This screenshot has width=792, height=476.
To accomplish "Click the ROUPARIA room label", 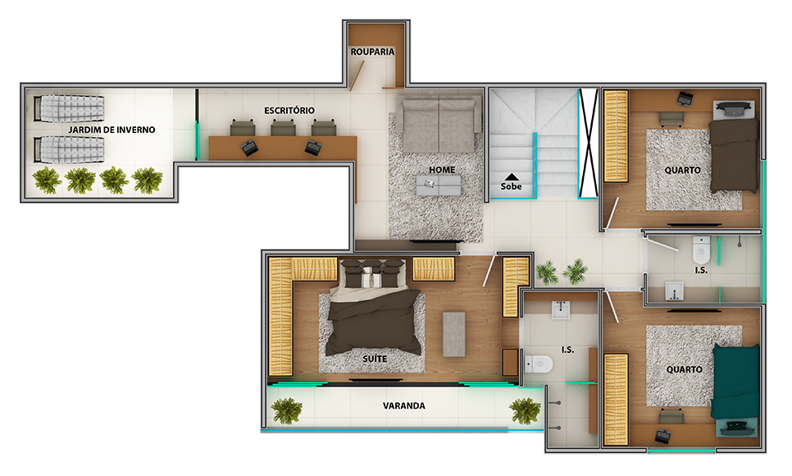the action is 372,52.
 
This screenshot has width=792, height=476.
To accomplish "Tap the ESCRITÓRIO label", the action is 289,110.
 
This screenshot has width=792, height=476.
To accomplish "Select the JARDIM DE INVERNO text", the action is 112,130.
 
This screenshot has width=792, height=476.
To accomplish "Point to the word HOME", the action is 442,170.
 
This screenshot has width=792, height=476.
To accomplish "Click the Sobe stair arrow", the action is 511,176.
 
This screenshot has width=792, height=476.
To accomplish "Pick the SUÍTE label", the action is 375,359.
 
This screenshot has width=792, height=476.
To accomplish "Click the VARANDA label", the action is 403,405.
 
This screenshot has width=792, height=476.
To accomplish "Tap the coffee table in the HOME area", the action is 439,185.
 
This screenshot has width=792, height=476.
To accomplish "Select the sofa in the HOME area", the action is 439,125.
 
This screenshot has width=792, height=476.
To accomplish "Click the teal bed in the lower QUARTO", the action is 736,382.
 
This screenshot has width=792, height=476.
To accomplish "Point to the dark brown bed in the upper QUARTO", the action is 735,155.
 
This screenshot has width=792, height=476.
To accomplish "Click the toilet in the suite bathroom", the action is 539,364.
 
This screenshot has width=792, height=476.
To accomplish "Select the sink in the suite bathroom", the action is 561,309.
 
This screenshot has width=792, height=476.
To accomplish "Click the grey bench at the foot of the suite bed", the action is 453,334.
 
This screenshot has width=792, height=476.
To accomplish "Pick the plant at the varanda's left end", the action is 286,410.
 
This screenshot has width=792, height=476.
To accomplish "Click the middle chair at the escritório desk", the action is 283,127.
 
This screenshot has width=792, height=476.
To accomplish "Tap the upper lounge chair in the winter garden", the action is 69,108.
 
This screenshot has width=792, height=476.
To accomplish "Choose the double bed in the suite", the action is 374,308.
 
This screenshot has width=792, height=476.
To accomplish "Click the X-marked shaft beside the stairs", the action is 589,144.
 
